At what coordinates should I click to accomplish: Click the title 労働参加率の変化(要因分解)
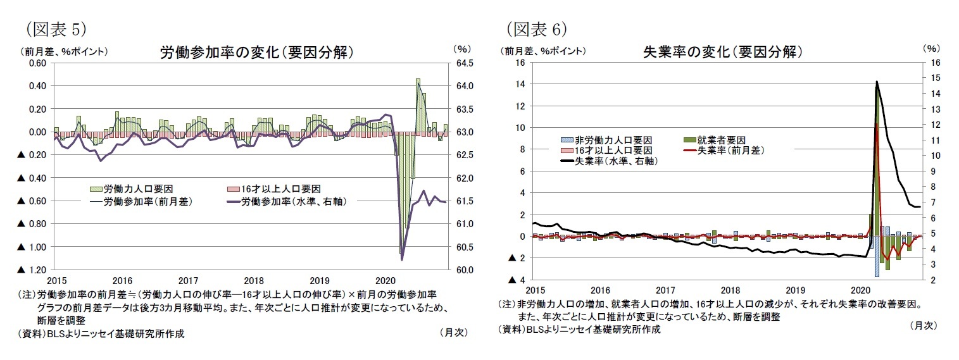point(256,53)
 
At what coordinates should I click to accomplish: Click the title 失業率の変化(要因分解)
point(722,52)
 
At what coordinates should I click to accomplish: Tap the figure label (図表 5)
point(54,29)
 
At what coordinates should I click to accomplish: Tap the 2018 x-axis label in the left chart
point(254,280)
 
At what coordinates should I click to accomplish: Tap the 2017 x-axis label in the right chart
point(665,290)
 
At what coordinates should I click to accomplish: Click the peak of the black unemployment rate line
point(877,82)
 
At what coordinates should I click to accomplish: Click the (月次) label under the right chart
point(922,325)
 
